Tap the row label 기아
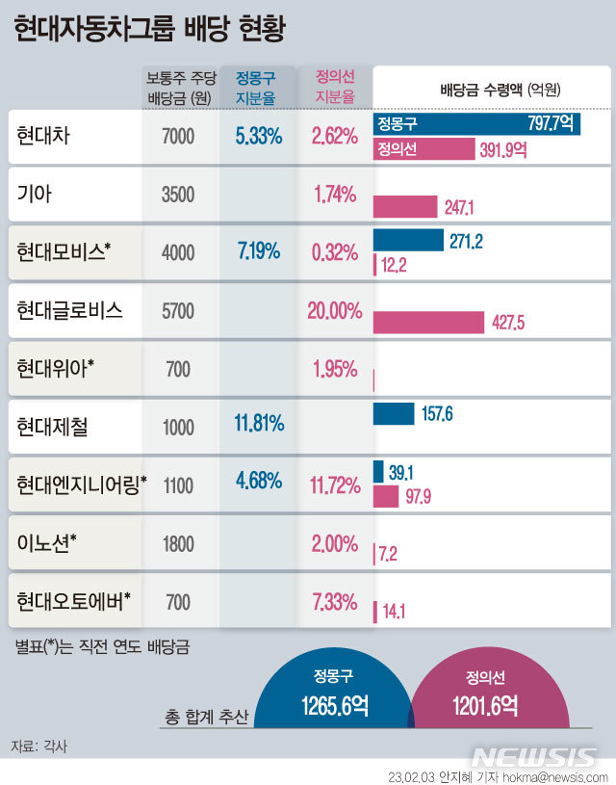point(34,194)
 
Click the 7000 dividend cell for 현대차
point(178,137)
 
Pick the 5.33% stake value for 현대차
point(258,137)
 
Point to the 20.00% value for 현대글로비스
point(334,310)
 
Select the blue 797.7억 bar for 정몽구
point(476,124)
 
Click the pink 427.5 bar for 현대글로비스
point(428,323)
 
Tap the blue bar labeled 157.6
point(393,414)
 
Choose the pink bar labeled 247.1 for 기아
point(405,206)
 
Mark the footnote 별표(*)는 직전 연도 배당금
point(101,646)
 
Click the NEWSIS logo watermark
point(535,756)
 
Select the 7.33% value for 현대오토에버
point(334,602)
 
